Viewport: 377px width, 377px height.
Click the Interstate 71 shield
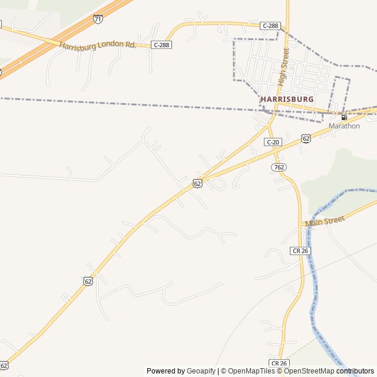point(98,19)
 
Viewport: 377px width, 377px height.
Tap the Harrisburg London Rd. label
point(97,44)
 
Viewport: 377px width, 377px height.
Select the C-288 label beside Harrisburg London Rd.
point(161,45)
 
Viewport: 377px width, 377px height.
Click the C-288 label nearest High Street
point(270,25)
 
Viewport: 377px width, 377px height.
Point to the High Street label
point(284,67)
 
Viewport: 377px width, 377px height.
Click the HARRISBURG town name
point(287,99)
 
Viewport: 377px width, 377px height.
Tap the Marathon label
point(344,126)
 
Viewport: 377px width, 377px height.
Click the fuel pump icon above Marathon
point(344,117)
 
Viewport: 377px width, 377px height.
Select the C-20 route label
point(273,142)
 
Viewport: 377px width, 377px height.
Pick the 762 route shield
point(279,167)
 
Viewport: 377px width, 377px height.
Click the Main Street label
point(324,221)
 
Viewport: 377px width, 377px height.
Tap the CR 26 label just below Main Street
point(300,250)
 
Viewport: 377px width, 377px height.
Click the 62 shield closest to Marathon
point(306,138)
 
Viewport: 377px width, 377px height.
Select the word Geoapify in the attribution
point(201,371)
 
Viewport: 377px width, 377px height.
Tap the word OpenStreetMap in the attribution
point(309,371)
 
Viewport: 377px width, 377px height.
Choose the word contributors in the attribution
point(355,371)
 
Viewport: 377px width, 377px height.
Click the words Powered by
point(166,371)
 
